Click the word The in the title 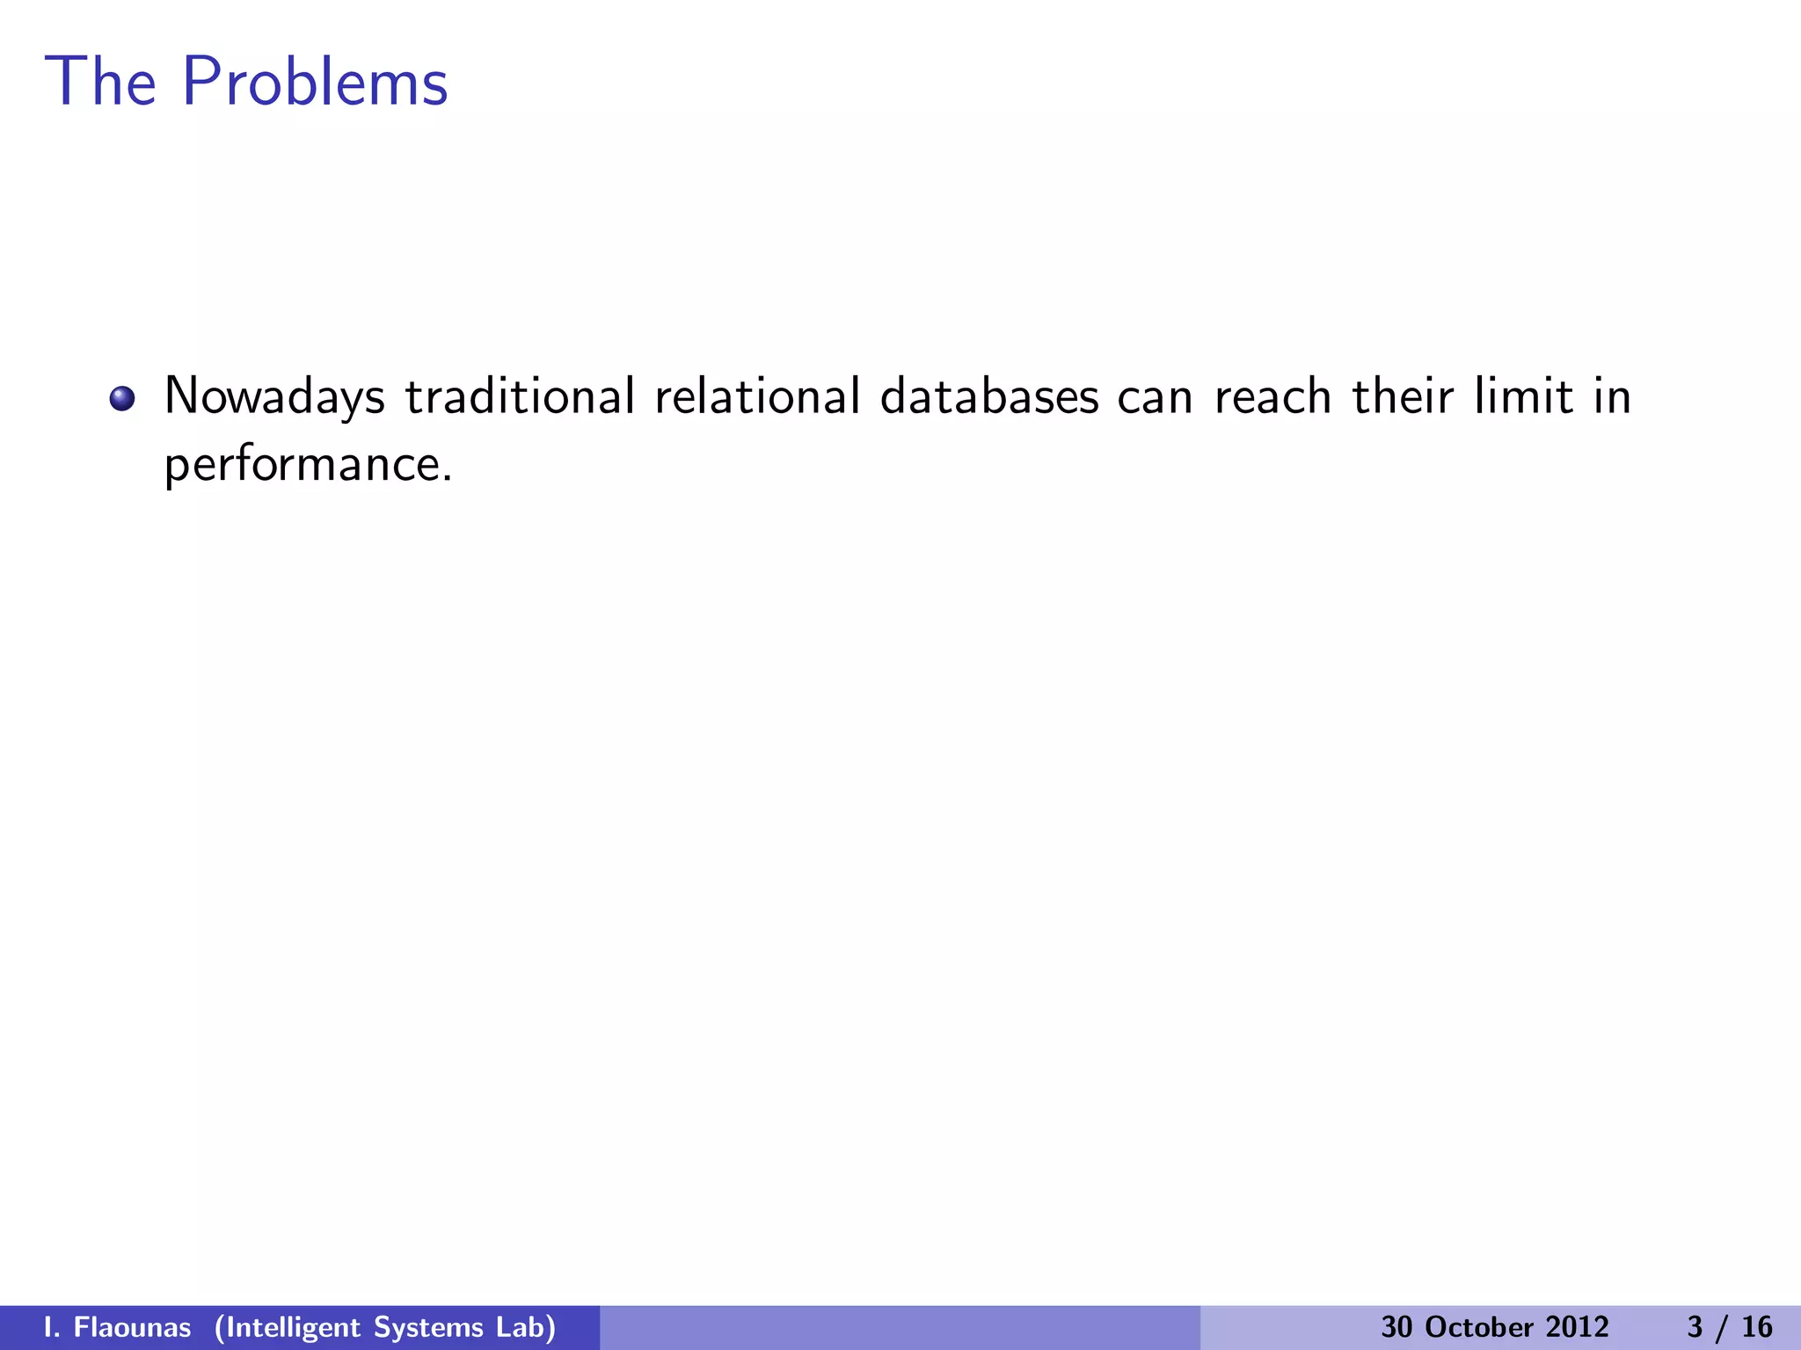(100, 82)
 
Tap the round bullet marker (122, 399)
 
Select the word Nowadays (274, 397)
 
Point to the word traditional (520, 396)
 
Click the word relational (757, 396)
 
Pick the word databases (989, 396)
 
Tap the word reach (1272, 396)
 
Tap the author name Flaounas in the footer (132, 1327)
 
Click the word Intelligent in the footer (288, 1327)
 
